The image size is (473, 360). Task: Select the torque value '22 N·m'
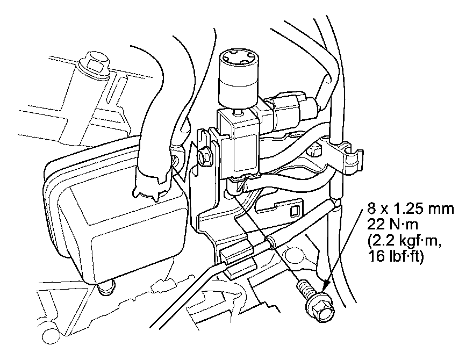394,222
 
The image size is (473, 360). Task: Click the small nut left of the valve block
204,157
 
